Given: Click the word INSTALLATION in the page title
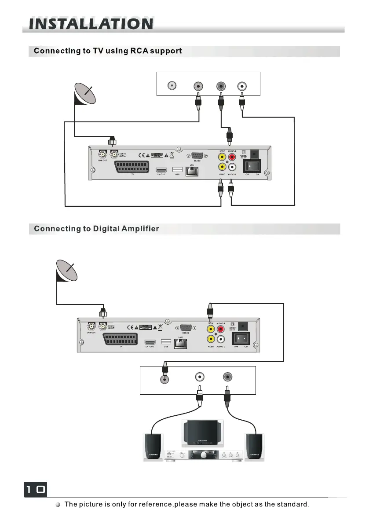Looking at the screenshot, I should pyautogui.click(x=91, y=24).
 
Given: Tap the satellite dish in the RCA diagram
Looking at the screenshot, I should pyautogui.click(x=85, y=95).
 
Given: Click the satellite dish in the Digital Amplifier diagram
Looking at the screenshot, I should pyautogui.click(x=67, y=271).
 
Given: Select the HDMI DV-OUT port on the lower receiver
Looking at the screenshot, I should pyautogui.click(x=150, y=342).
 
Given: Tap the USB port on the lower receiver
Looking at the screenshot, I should pyautogui.click(x=166, y=342).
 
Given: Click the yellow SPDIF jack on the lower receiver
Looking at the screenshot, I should pyautogui.click(x=212, y=329).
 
